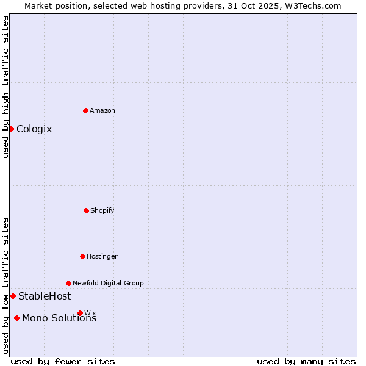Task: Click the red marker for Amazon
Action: tap(85, 110)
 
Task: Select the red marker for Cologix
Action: tap(11, 129)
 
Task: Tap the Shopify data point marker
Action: tap(86, 210)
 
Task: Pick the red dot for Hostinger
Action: tap(82, 256)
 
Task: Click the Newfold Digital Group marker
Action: tap(68, 283)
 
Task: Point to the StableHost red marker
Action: tap(13, 296)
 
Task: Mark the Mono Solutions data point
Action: tap(16, 318)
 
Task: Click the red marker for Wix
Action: tap(80, 313)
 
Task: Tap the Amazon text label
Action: tap(102, 110)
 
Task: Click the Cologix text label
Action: tap(34, 129)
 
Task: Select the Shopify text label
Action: tap(102, 210)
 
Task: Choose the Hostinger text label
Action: tap(102, 256)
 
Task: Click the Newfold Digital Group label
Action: tap(108, 283)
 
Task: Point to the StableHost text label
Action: tap(45, 296)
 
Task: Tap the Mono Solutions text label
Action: tap(59, 318)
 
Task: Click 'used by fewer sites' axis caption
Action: tap(63, 361)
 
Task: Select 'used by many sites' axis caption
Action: tap(306, 361)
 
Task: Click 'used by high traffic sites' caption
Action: tap(5, 87)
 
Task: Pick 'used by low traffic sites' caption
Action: tap(5, 285)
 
